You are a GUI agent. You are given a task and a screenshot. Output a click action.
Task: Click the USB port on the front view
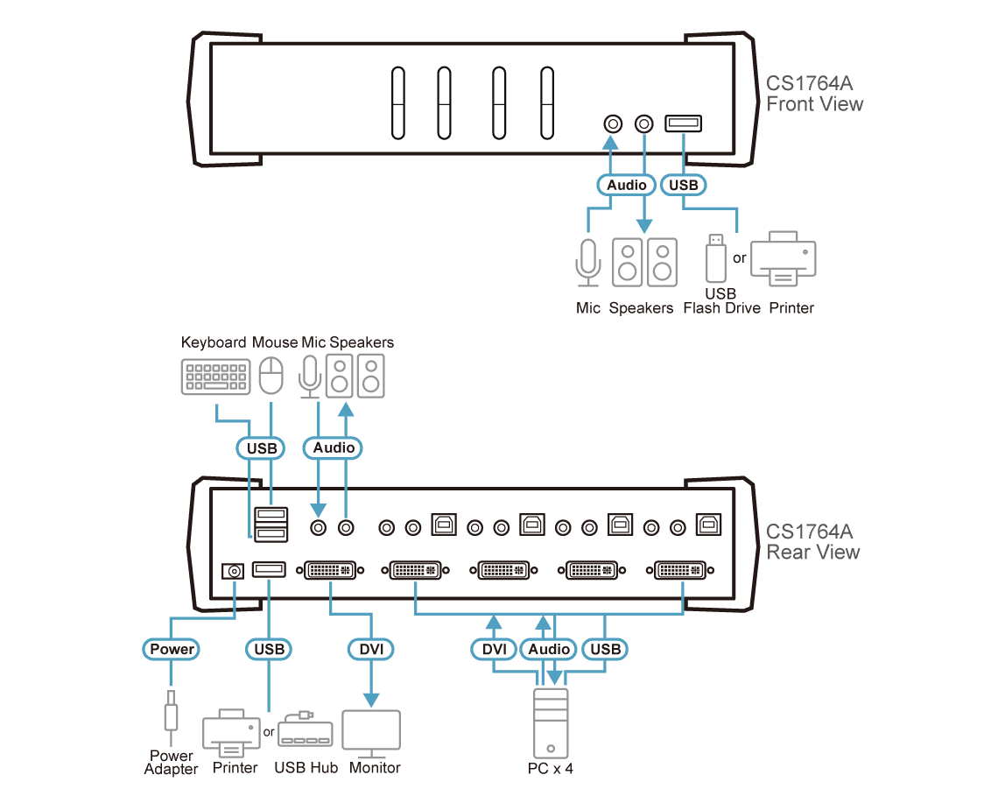[x=683, y=123]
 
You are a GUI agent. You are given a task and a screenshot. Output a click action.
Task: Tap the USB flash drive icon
[x=716, y=258]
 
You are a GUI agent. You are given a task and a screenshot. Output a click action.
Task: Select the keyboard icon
[x=215, y=377]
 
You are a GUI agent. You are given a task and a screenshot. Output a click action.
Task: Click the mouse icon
[x=271, y=375]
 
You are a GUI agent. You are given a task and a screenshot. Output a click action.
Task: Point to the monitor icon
[x=371, y=733]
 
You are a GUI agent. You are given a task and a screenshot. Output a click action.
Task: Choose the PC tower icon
[x=551, y=723]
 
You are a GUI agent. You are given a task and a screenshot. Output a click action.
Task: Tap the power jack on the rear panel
[x=233, y=571]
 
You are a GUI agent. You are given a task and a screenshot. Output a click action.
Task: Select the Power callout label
[x=172, y=649]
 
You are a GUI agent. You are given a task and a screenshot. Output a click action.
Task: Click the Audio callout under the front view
[x=626, y=185]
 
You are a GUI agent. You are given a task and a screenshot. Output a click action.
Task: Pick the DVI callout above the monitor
[x=371, y=649]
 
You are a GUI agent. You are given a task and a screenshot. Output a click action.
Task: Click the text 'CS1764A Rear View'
[x=812, y=542]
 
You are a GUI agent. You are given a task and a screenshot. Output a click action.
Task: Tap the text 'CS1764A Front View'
[x=815, y=94]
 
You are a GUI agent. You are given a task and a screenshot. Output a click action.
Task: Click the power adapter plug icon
[x=171, y=715]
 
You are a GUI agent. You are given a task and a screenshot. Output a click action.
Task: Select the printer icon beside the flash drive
[x=783, y=258]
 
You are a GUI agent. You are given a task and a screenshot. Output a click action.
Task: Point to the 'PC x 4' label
[x=551, y=769]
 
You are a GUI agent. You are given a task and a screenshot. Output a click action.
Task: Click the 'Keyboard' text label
[x=214, y=342]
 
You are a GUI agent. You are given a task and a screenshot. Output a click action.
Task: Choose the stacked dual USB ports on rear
[x=271, y=524]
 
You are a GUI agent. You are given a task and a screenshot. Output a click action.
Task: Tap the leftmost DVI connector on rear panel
[x=330, y=571]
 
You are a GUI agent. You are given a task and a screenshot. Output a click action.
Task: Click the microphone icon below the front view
[x=588, y=263]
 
